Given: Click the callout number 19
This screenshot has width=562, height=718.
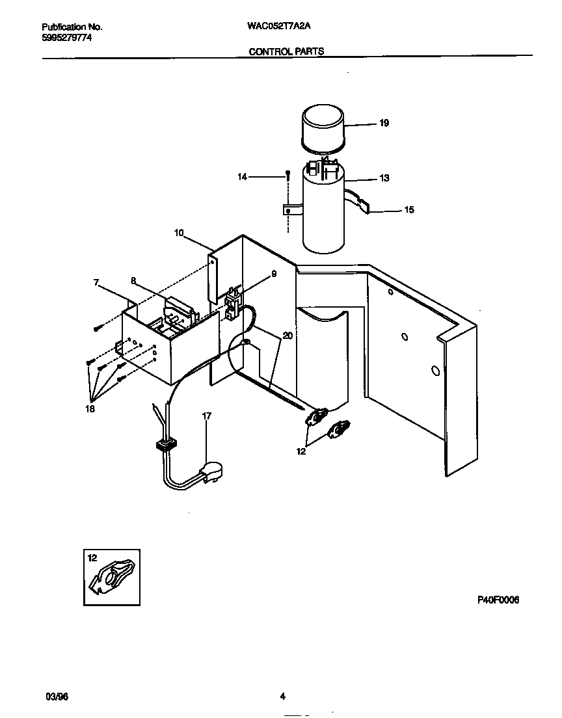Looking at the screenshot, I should point(384,123).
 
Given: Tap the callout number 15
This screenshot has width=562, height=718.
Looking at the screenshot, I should point(408,210).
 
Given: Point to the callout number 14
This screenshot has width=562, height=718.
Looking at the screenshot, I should point(243,176).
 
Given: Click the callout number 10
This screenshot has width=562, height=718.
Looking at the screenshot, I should point(180,232).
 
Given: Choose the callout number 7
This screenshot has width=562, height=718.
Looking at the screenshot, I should point(96,282).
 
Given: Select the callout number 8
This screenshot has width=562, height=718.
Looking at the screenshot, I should point(133,281).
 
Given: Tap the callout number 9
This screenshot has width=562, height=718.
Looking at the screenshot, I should point(274,274).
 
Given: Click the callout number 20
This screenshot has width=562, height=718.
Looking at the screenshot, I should point(288,336).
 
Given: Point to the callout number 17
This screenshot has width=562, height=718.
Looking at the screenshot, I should point(207,416).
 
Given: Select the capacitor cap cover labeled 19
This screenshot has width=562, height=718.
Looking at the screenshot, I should point(323,129).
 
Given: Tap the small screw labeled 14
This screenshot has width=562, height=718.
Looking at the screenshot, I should point(288,174).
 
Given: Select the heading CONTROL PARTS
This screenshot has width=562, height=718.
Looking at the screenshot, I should point(286,51).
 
